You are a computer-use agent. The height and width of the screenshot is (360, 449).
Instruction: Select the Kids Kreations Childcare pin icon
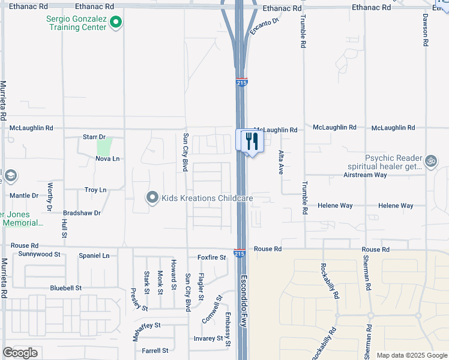(152, 197)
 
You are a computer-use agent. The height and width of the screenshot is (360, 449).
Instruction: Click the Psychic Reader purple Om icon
(430, 161)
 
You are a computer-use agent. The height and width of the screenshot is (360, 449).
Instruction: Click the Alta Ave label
(280, 162)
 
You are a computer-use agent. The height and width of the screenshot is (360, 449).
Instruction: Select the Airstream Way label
(365, 175)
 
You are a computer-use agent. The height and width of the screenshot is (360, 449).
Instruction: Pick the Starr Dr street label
(94, 137)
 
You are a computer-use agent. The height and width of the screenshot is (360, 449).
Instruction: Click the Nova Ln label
(107, 158)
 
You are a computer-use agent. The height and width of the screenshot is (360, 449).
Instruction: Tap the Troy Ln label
(95, 190)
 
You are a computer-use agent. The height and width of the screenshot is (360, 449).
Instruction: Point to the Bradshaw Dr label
(82, 212)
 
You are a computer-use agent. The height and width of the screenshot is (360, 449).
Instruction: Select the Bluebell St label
(66, 288)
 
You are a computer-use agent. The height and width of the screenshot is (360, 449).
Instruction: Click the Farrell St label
(155, 350)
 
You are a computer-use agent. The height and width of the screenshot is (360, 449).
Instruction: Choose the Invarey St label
(208, 338)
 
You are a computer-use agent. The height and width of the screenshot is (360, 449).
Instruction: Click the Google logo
(20, 353)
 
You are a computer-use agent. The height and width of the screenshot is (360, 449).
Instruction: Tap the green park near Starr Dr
(104, 146)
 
